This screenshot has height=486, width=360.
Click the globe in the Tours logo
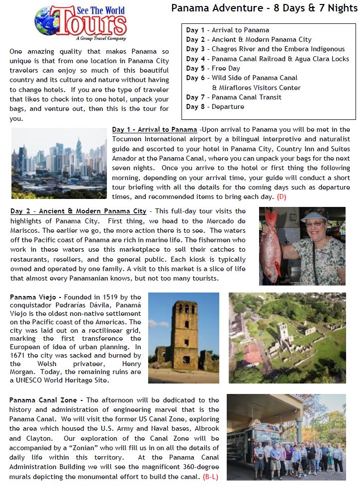point(48,20)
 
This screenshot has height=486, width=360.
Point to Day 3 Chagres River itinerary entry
point(265,49)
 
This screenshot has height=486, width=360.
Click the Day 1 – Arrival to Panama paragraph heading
point(155,130)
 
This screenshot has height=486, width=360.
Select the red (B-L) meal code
point(209,477)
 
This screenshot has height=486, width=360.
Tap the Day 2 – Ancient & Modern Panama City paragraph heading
point(78,211)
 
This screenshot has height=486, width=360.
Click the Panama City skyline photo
point(59,156)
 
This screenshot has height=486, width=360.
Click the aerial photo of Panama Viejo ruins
point(287,337)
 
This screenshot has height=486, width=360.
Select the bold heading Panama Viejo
point(32,297)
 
